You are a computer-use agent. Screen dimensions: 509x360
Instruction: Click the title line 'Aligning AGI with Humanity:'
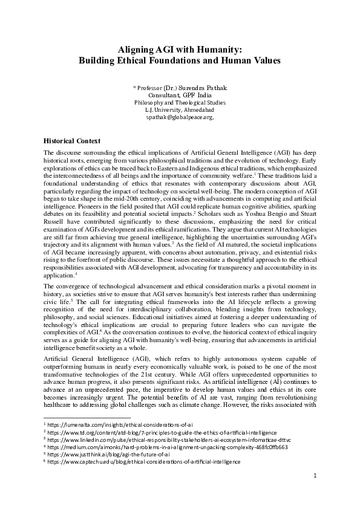pyautogui.click(x=180, y=49)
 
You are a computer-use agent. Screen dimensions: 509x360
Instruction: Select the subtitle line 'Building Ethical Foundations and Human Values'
pyautogui.click(x=180, y=60)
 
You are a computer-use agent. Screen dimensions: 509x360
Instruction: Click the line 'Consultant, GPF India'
pyautogui.click(x=180, y=96)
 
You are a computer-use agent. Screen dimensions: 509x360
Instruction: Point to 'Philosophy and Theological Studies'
pyautogui.click(x=180, y=103)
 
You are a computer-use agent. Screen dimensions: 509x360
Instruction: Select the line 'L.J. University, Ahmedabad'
pyautogui.click(x=180, y=110)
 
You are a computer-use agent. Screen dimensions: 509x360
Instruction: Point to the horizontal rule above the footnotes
pyautogui.click(x=87, y=417)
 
